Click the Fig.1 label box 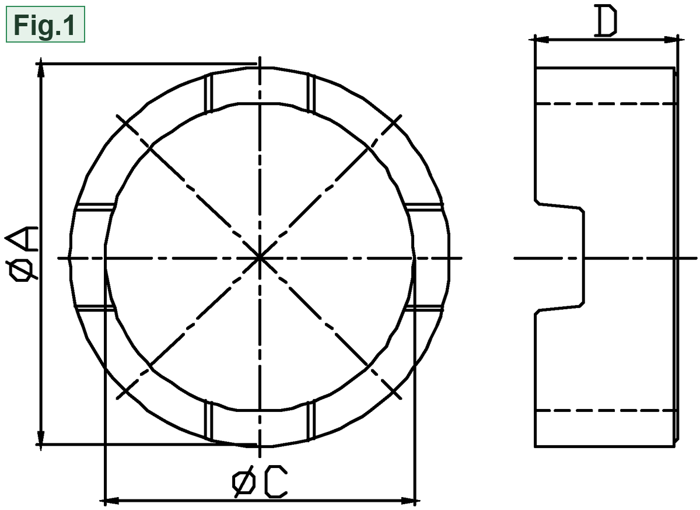[x=45, y=24]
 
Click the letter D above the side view [x=605, y=20]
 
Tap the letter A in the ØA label [x=22, y=239]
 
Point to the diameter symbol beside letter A [x=23, y=269]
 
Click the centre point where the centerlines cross [x=260, y=258]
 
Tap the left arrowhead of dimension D [x=541, y=40]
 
